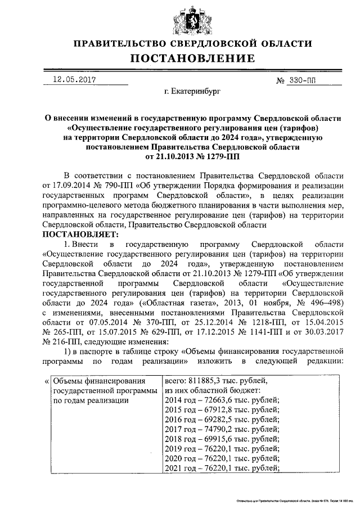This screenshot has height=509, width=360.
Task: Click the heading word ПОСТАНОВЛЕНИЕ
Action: pyautogui.click(x=193, y=58)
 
